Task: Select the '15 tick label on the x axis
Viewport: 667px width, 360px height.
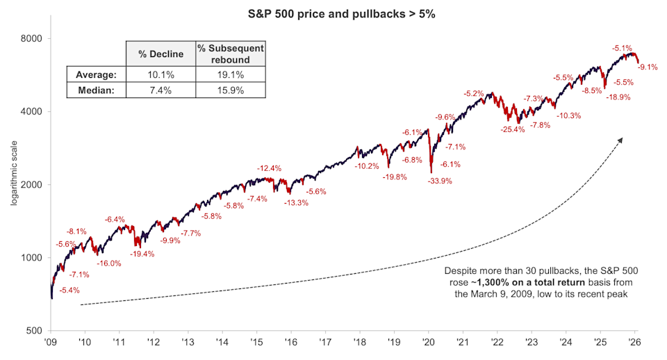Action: pyautogui.click(x=255, y=343)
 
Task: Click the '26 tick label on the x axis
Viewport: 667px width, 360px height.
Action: pyautogui.click(x=635, y=343)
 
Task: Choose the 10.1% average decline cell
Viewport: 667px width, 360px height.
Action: pyautogui.click(x=160, y=74)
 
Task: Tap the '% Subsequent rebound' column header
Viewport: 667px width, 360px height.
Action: pyautogui.click(x=231, y=54)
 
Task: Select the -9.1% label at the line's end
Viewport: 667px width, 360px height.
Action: pyautogui.click(x=648, y=67)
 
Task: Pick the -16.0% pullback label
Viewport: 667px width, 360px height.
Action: pyautogui.click(x=108, y=263)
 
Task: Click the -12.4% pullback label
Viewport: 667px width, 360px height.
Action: pyautogui.click(x=269, y=168)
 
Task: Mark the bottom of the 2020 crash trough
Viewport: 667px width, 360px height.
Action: pyautogui.click(x=431, y=172)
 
